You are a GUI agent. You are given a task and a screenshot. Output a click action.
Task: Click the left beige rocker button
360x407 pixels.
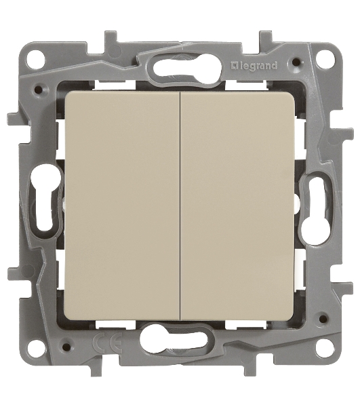point(122,206)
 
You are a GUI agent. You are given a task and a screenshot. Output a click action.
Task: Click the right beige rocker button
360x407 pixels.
point(237,206)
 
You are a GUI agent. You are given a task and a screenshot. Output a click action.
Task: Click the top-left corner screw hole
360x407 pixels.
point(37,59)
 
